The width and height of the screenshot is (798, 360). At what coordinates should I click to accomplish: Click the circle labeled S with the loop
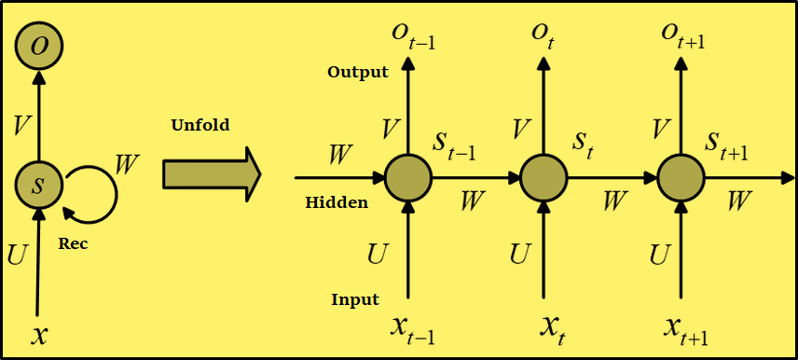pos(38,184)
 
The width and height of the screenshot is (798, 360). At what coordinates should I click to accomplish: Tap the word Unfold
pos(200,125)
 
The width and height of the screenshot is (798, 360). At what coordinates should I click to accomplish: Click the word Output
pos(358,73)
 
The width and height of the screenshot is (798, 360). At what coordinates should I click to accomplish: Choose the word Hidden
pos(337,201)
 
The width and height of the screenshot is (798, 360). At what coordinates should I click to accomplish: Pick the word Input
pos(355,299)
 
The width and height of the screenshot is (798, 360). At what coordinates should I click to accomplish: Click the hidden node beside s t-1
pos(408,176)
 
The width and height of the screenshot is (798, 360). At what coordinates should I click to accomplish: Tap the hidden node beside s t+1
pos(681,176)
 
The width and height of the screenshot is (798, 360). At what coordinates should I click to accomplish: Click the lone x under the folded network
pos(39,334)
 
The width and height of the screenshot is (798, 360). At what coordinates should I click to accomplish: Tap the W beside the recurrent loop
pos(127,164)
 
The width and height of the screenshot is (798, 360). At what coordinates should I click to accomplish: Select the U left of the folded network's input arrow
pos(17,254)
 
